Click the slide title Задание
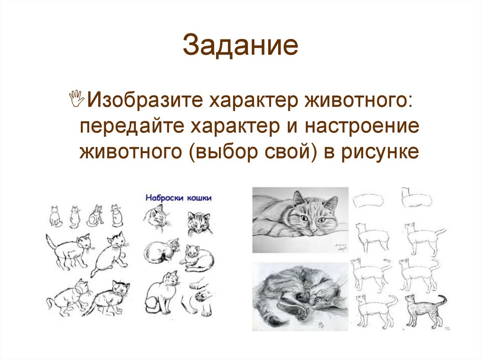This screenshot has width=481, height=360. (240, 47)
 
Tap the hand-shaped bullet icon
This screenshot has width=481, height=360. (77, 99)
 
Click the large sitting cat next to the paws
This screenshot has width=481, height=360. (161, 293)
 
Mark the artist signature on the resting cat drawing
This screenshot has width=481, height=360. (339, 248)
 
